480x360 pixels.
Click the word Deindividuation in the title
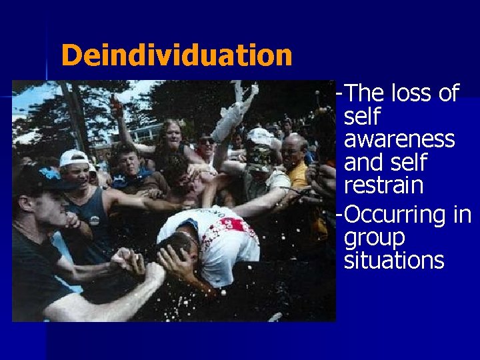click(x=176, y=55)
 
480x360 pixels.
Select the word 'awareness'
click(x=399, y=139)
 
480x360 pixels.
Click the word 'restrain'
click(x=384, y=185)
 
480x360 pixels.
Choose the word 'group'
click(x=374, y=237)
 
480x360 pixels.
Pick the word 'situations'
click(x=394, y=260)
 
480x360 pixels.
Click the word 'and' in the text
click(x=364, y=162)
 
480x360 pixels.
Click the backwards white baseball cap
click(x=73, y=158)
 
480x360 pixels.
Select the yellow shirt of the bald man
click(x=300, y=177)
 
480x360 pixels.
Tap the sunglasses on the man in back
click(x=207, y=141)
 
